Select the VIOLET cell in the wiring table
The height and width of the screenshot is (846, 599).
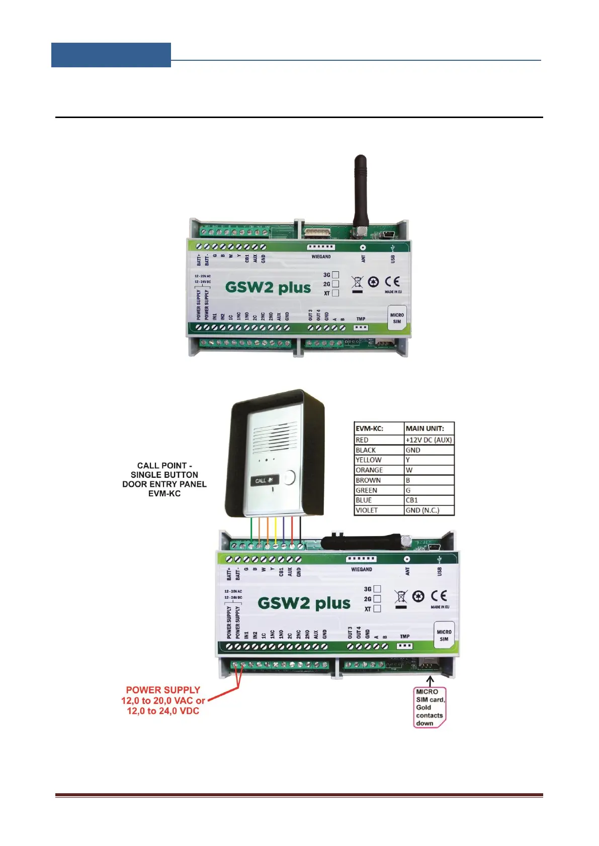click(x=379, y=510)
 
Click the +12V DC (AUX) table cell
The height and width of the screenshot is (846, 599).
click(x=429, y=440)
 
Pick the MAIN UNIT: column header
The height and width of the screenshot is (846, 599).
click(x=429, y=429)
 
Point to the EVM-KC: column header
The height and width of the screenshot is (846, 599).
click(x=379, y=429)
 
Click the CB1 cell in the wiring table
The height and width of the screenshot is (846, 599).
click(x=429, y=500)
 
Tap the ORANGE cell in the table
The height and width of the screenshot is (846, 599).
click(x=379, y=470)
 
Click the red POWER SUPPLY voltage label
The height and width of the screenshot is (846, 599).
click(x=163, y=700)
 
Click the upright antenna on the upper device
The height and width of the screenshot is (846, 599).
click(x=360, y=191)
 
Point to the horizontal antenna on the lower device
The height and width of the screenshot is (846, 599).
click(x=362, y=542)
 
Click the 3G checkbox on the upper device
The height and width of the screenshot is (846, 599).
click(x=335, y=275)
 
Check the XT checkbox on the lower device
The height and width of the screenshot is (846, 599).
click(x=377, y=608)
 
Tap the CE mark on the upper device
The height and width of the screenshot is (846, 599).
click(x=392, y=282)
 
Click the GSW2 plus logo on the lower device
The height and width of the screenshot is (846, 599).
click(x=304, y=603)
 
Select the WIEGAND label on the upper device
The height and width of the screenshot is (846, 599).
click(x=321, y=257)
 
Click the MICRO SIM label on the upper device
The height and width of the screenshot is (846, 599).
click(x=397, y=318)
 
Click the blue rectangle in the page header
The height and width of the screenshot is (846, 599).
click(x=111, y=55)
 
